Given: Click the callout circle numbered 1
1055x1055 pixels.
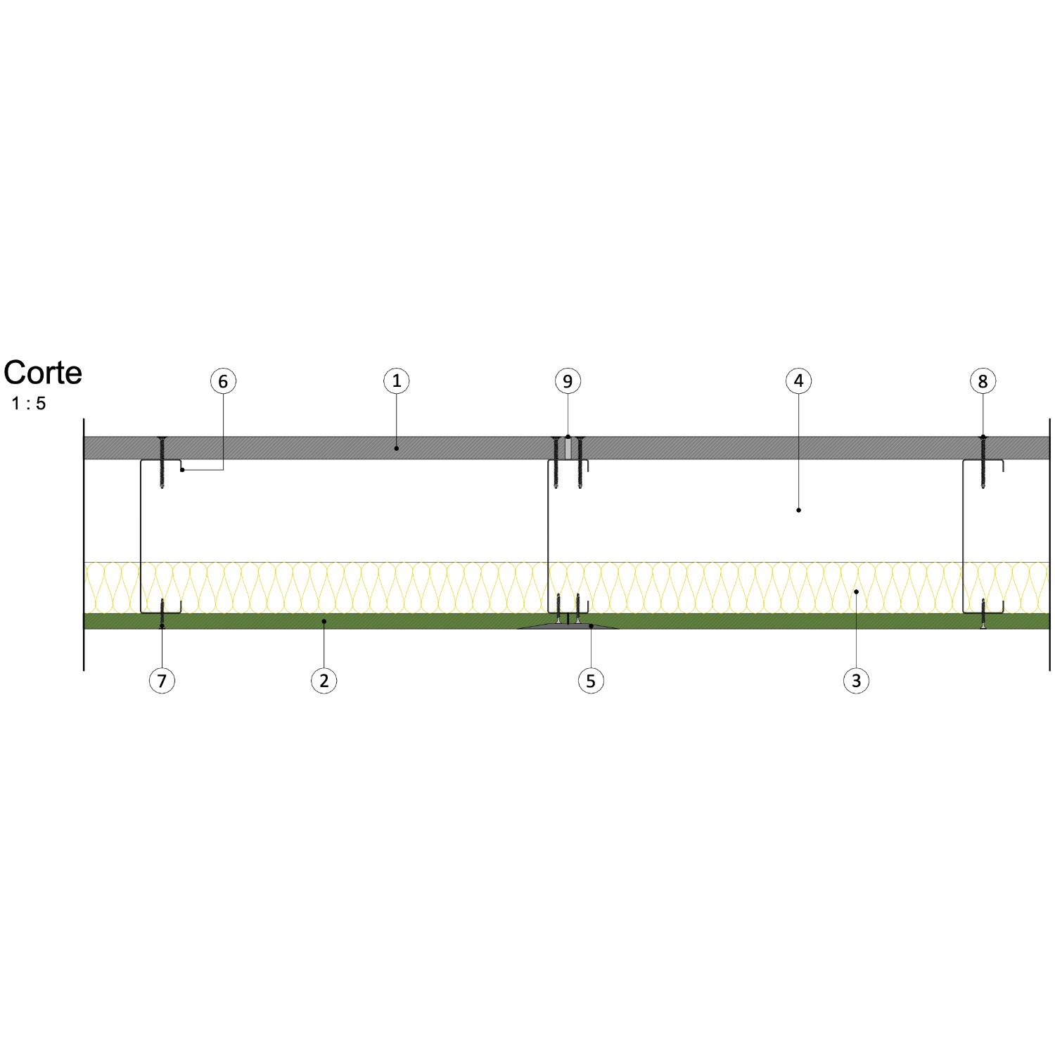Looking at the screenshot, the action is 397,381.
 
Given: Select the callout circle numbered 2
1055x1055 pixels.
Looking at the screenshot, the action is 324,681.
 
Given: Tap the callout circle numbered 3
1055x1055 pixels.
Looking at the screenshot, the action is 856,681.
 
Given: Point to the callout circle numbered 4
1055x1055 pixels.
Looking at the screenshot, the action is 798,381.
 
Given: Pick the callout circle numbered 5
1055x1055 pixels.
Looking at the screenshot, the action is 591,681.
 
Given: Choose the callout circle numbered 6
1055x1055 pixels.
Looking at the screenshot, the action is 223,381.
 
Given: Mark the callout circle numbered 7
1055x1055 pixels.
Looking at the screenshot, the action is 162,681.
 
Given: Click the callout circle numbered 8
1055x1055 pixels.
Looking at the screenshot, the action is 983,381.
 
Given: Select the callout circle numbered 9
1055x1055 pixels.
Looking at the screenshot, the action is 568,381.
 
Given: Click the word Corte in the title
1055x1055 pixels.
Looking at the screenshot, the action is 43,373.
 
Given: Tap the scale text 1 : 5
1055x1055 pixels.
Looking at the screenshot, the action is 29,404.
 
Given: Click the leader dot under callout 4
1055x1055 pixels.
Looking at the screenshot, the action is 798,510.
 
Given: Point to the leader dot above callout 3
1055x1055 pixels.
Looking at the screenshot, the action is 856,592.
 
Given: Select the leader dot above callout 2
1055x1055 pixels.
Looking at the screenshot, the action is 324,621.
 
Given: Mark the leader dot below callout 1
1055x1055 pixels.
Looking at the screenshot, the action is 397,448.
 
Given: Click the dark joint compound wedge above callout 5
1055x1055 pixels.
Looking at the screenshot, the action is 568,625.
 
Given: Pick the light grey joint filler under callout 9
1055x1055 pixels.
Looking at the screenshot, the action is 568,448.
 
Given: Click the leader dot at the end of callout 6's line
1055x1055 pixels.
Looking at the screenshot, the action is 182,469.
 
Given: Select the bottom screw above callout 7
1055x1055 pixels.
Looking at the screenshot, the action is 162,614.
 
